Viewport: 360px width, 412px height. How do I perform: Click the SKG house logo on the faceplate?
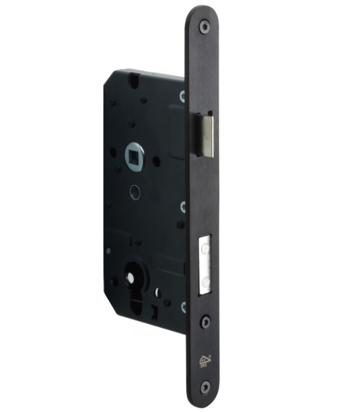pyautogui.click(x=204, y=360)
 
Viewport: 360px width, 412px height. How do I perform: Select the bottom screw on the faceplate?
pyautogui.click(x=205, y=386)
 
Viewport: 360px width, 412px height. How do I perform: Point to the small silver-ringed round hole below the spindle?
pyautogui.click(x=134, y=191)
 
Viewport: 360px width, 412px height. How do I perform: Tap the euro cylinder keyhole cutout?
pyautogui.click(x=134, y=291)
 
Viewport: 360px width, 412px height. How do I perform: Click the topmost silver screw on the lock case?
pyautogui.click(x=183, y=96)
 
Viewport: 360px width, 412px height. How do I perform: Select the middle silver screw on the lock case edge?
pyautogui.click(x=183, y=207)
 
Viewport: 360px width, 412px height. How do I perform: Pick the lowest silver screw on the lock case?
pyautogui.click(x=183, y=306)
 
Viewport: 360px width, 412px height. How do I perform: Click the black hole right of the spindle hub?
pyautogui.click(x=157, y=161)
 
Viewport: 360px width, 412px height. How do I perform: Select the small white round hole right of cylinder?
pyautogui.click(x=157, y=292)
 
